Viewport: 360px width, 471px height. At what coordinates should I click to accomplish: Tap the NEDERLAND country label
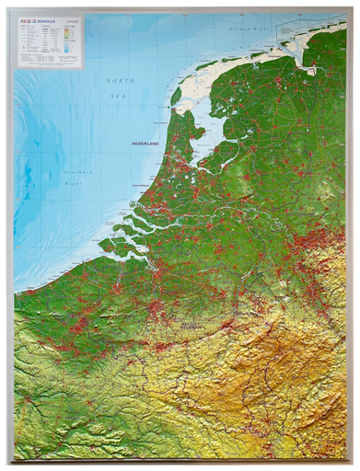145,144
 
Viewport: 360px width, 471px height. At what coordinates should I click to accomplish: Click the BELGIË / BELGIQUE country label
193,326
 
